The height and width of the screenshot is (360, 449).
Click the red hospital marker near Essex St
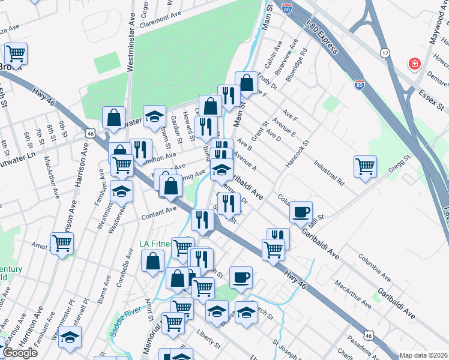[x=414, y=64]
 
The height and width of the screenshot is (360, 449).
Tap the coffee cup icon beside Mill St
[x=301, y=212]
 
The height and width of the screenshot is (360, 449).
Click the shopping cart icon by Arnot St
[x=62, y=244]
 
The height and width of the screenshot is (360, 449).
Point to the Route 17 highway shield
[x=385, y=53]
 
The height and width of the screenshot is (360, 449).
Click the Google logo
[x=20, y=353]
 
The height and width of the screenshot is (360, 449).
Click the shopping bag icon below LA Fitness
[x=153, y=260]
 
